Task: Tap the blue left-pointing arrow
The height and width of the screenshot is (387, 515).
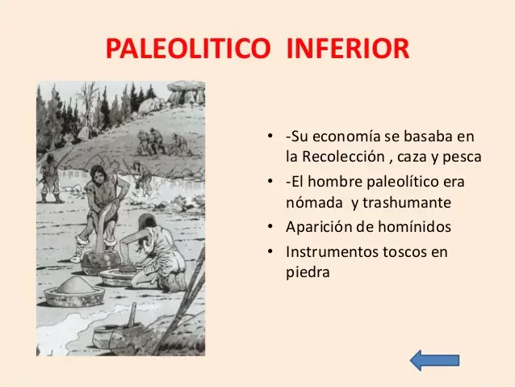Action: pyautogui.click(x=434, y=360)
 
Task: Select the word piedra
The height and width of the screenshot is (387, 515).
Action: pyautogui.click(x=308, y=272)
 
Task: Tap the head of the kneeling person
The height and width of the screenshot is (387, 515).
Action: pyautogui.click(x=146, y=222)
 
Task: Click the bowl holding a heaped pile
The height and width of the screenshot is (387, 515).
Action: pyautogui.click(x=74, y=292)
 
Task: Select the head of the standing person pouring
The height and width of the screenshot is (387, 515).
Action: pyautogui.click(x=99, y=173)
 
